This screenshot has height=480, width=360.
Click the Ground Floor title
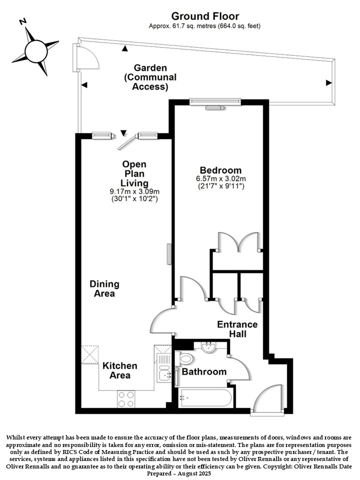(x=205, y=16)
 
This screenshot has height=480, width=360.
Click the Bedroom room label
(x=220, y=170)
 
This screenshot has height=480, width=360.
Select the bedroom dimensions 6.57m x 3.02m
(x=220, y=178)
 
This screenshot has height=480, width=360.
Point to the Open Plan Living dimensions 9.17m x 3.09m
(x=134, y=192)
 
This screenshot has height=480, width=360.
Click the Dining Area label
(x=104, y=288)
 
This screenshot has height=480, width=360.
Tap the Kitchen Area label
(x=119, y=370)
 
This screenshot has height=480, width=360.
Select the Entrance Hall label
(x=237, y=329)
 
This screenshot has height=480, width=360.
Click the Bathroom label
(x=204, y=371)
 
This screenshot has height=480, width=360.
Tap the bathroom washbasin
(x=209, y=347)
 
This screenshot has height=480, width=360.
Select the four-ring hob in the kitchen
(x=126, y=399)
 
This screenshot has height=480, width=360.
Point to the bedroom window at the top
(x=215, y=101)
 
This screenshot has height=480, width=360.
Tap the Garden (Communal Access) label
(x=150, y=77)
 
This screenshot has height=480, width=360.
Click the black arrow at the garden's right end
(x=329, y=82)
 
